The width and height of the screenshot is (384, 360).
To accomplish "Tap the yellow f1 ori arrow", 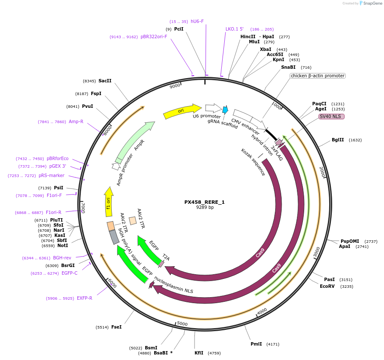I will tap(109, 202).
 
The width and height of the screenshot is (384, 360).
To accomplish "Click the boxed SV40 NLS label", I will tap(332, 116).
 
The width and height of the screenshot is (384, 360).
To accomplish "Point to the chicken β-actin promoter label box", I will tap(317, 76).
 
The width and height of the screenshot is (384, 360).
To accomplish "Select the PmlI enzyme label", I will tap(257, 344).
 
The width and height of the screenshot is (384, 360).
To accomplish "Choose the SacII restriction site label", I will tap(105, 81).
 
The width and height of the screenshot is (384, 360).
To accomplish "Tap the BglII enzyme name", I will tap(338, 140).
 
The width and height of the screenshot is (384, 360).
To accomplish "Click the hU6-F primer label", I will tap(197, 21).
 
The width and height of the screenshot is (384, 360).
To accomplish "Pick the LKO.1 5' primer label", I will tap(234, 29).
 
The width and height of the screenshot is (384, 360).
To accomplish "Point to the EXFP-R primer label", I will tap(85, 298).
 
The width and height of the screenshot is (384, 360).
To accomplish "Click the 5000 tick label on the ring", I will tap(182, 324).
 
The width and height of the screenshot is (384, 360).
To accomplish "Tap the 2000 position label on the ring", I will tap(322, 172).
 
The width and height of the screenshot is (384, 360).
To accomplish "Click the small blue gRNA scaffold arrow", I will tap(225, 110).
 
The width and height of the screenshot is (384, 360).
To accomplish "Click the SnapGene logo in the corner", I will tap(370, 3).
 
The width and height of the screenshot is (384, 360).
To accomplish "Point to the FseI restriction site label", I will tap(116, 327).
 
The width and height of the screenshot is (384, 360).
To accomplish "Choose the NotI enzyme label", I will tap(62, 245).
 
